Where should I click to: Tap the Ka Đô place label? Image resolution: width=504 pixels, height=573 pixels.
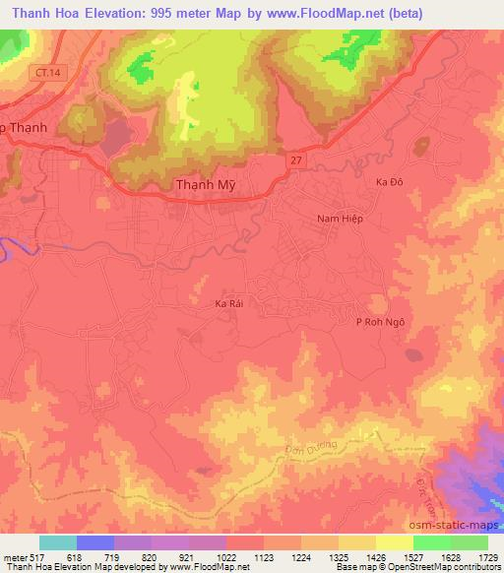click(391, 182)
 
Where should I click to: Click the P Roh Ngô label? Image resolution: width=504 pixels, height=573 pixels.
click(380, 322)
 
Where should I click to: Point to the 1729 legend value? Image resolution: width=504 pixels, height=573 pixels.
click(487, 557)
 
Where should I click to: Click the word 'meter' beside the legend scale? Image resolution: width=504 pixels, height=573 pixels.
click(15, 557)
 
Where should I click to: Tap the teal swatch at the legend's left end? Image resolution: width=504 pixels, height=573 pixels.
click(58, 542)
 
